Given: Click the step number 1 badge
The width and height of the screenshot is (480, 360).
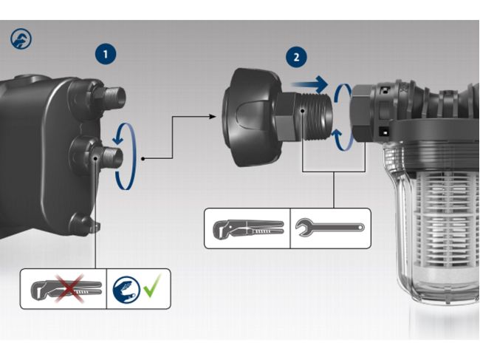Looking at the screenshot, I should tap(107, 53).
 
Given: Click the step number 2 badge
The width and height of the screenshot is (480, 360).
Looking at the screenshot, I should tap(297, 56).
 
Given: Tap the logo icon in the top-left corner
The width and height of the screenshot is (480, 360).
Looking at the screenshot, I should tap(21, 39).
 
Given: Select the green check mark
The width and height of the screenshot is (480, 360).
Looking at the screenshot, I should tap(152, 289).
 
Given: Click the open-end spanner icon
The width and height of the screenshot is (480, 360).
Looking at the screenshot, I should tap(329, 228).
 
